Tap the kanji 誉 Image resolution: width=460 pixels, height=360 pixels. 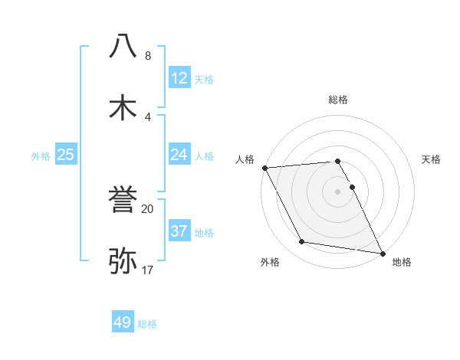click(x=123, y=201)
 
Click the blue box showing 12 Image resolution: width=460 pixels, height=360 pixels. click(x=179, y=78)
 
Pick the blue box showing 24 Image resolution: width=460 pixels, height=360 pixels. click(x=179, y=155)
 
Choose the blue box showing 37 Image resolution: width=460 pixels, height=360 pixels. click(x=179, y=231)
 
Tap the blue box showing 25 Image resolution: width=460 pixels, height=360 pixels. click(x=66, y=155)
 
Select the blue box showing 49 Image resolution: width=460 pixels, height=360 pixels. click(x=123, y=322)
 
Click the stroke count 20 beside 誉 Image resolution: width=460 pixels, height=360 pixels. click(x=147, y=208)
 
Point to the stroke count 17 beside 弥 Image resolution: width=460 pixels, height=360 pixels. click(x=147, y=270)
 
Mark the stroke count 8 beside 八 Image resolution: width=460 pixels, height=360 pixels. click(x=148, y=55)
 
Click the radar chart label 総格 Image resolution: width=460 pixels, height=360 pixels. click(x=338, y=100)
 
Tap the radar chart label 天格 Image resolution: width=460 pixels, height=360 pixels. click(x=432, y=159)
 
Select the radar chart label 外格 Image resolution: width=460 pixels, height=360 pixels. click(x=270, y=262)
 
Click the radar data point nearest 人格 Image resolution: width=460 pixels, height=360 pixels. click(x=264, y=168)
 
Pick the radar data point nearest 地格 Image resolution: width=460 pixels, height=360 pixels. click(x=383, y=252)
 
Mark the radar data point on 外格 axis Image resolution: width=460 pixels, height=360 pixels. click(x=302, y=242)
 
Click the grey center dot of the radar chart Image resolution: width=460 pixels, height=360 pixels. click(x=338, y=191)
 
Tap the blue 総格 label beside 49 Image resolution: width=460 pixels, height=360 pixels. click(x=148, y=323)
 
